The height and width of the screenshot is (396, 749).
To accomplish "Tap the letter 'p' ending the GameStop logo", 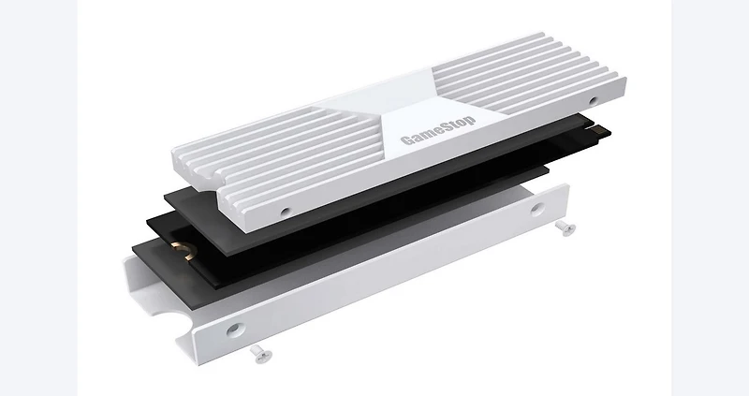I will click(471, 118).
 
